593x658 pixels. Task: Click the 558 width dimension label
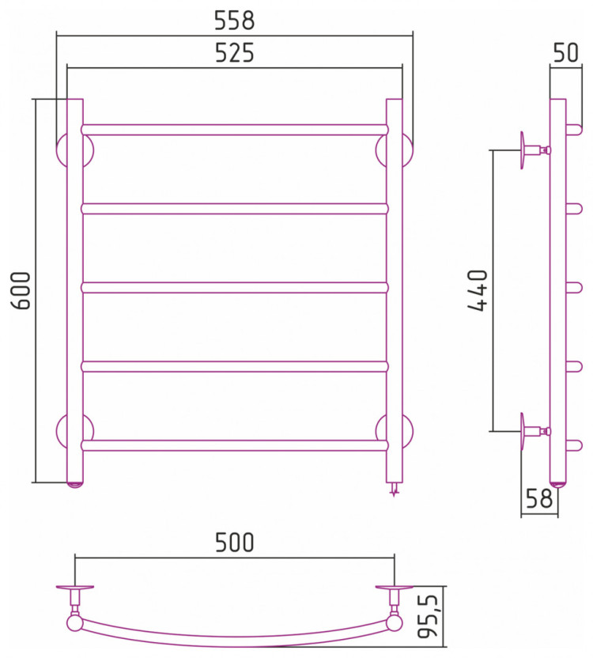point(235,20)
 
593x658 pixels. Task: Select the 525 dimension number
point(235,53)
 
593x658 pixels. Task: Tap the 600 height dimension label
point(21,290)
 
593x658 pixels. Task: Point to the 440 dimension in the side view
point(478,290)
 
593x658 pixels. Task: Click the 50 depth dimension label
point(565,53)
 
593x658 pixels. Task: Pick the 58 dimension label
point(539,498)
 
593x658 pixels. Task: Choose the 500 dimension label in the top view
point(235,543)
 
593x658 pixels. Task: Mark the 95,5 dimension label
point(429,616)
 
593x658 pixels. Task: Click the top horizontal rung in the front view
point(235,129)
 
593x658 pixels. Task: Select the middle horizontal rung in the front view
point(235,287)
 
